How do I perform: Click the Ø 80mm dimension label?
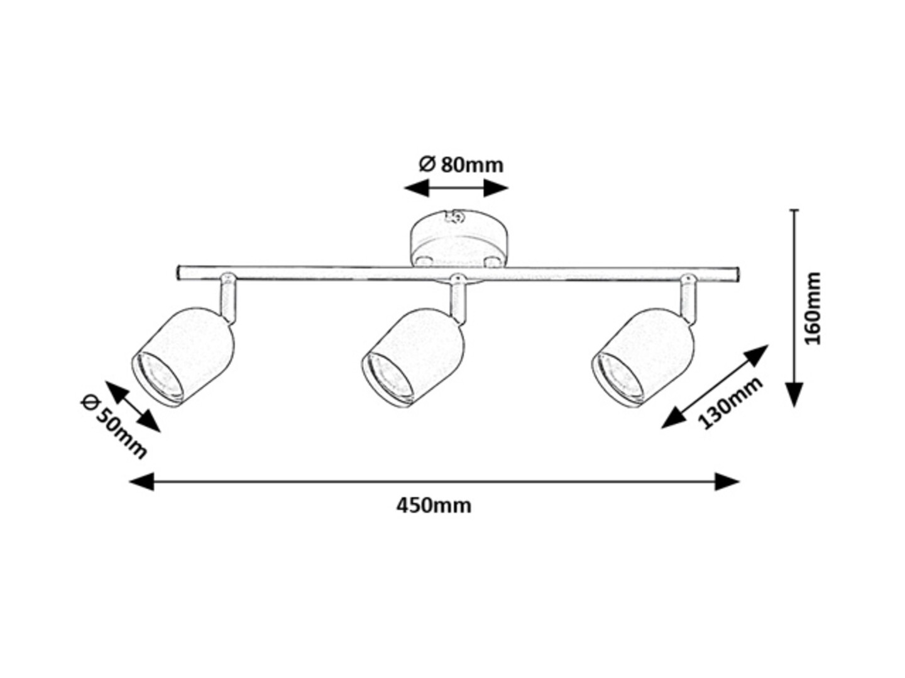pos(461,164)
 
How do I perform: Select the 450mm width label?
pos(434,506)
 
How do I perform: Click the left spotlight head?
pos(183,357)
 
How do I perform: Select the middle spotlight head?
pos(413,357)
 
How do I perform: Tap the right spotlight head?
pos(643,357)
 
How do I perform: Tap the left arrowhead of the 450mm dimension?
pos(141,482)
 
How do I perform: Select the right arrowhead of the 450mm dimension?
pos(727,482)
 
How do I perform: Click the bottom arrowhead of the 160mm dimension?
pos(794,394)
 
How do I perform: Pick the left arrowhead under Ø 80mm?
pos(417,188)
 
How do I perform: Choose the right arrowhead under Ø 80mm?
pos(496,188)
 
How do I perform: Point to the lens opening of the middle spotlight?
pos(388,379)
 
